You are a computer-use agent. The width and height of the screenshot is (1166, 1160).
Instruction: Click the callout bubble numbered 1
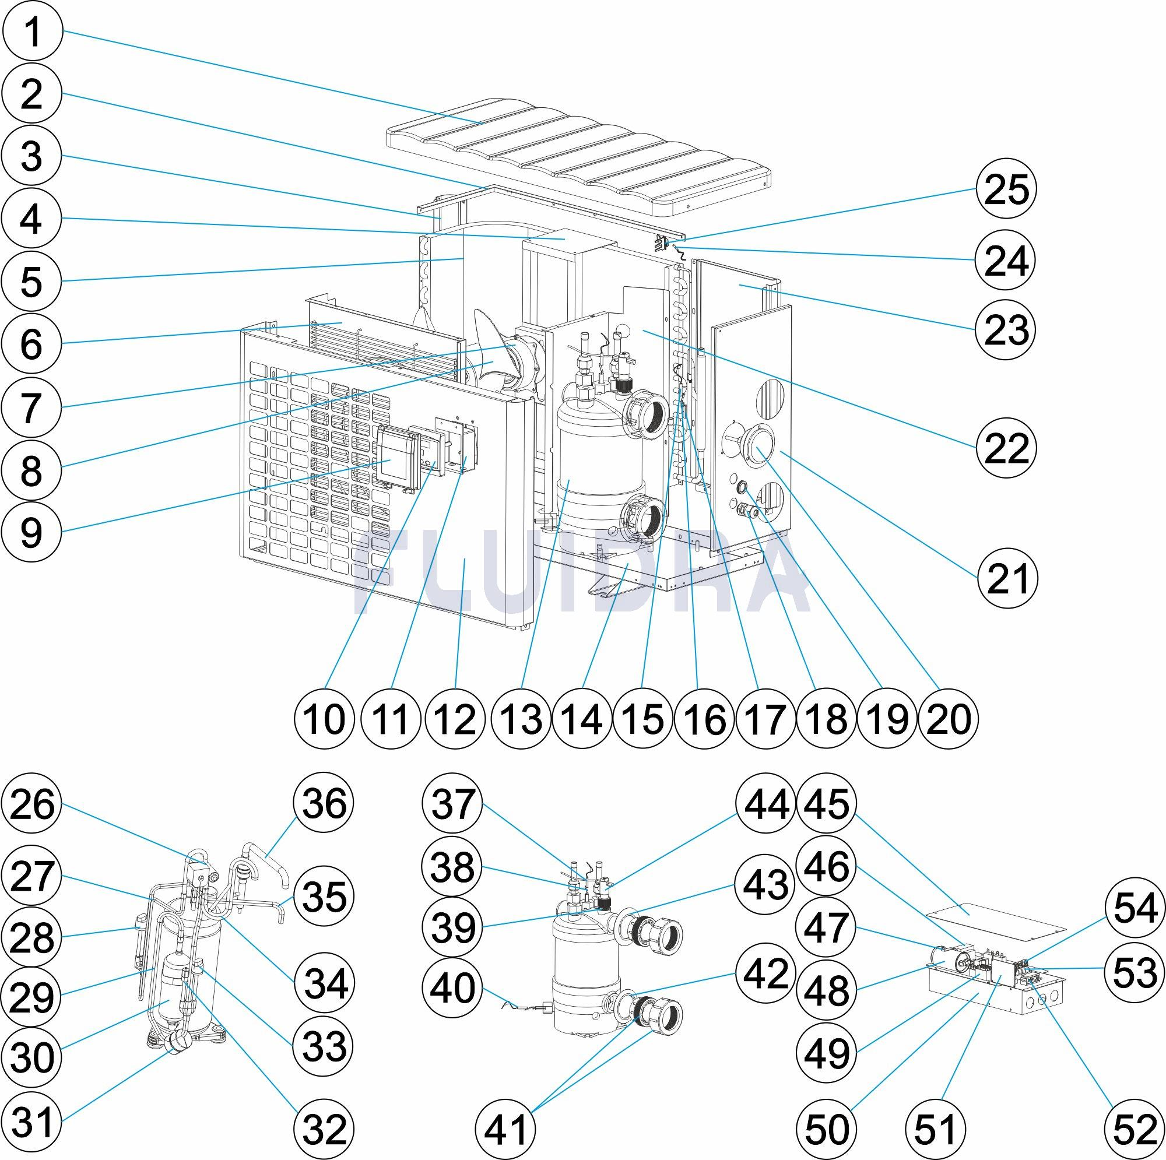32,32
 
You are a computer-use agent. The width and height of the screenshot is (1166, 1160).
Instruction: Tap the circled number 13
521,719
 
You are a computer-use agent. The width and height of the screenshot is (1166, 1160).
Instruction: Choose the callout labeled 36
324,804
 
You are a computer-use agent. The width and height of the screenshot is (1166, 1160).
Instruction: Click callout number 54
1135,909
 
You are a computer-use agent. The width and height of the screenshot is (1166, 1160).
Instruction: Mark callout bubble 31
32,1122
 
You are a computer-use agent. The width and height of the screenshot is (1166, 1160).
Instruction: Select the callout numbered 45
826,804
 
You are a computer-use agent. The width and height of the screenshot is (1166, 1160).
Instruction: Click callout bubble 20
947,719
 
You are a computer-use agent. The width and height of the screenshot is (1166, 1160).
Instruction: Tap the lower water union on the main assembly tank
642,519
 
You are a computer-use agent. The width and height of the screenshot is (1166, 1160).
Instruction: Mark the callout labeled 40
455,988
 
